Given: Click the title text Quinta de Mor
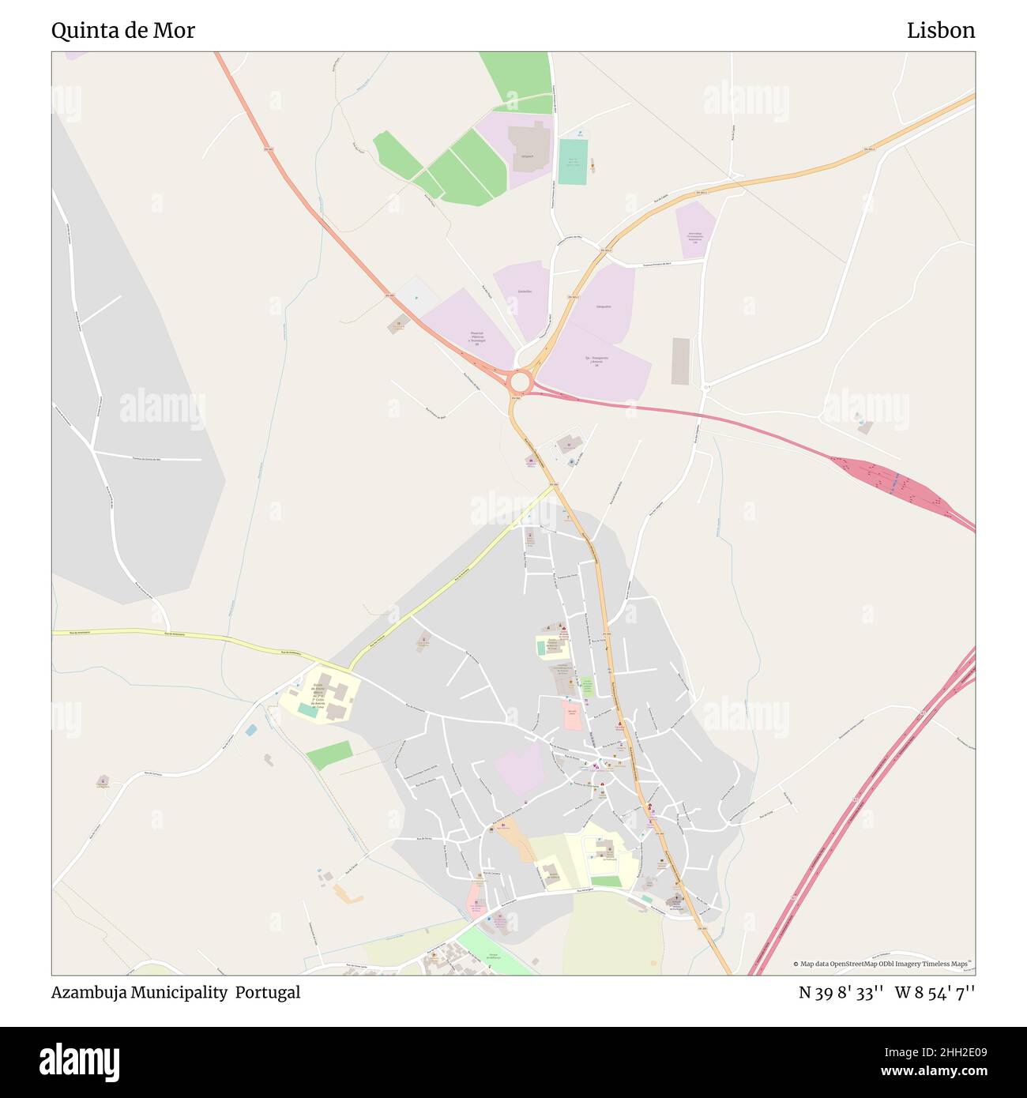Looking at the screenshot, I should [x=123, y=31].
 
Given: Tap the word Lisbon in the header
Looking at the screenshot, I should [x=940, y=31].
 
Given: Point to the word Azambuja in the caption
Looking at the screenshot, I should [x=86, y=993].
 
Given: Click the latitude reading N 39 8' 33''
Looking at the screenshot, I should [x=841, y=993].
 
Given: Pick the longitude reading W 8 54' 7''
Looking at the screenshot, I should [x=935, y=993].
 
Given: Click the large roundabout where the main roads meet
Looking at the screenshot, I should [x=519, y=382].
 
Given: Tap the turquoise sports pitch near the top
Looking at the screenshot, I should [x=573, y=162].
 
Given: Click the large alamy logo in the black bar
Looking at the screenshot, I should [x=80, y=1061].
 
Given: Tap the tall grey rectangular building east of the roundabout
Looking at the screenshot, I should [x=680, y=361].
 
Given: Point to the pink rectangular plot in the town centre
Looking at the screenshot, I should [x=572, y=716].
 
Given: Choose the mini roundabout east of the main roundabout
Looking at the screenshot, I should [x=705, y=387].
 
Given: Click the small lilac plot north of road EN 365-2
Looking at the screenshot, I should [x=695, y=229].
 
